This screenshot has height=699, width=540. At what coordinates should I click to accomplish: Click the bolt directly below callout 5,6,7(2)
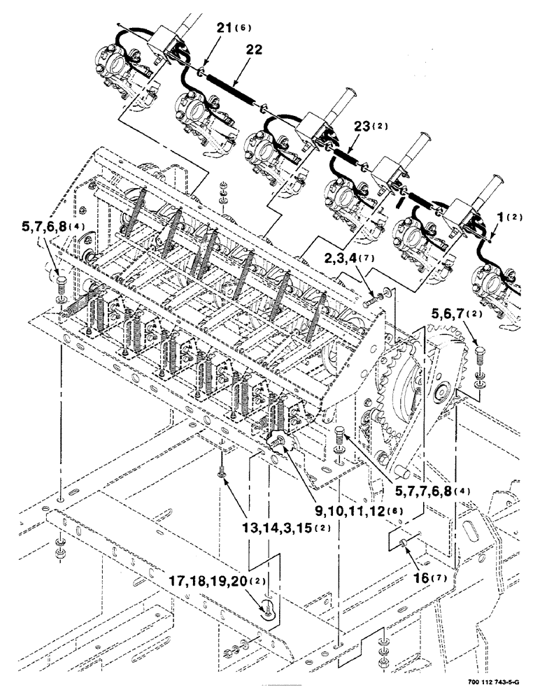(479, 354)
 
